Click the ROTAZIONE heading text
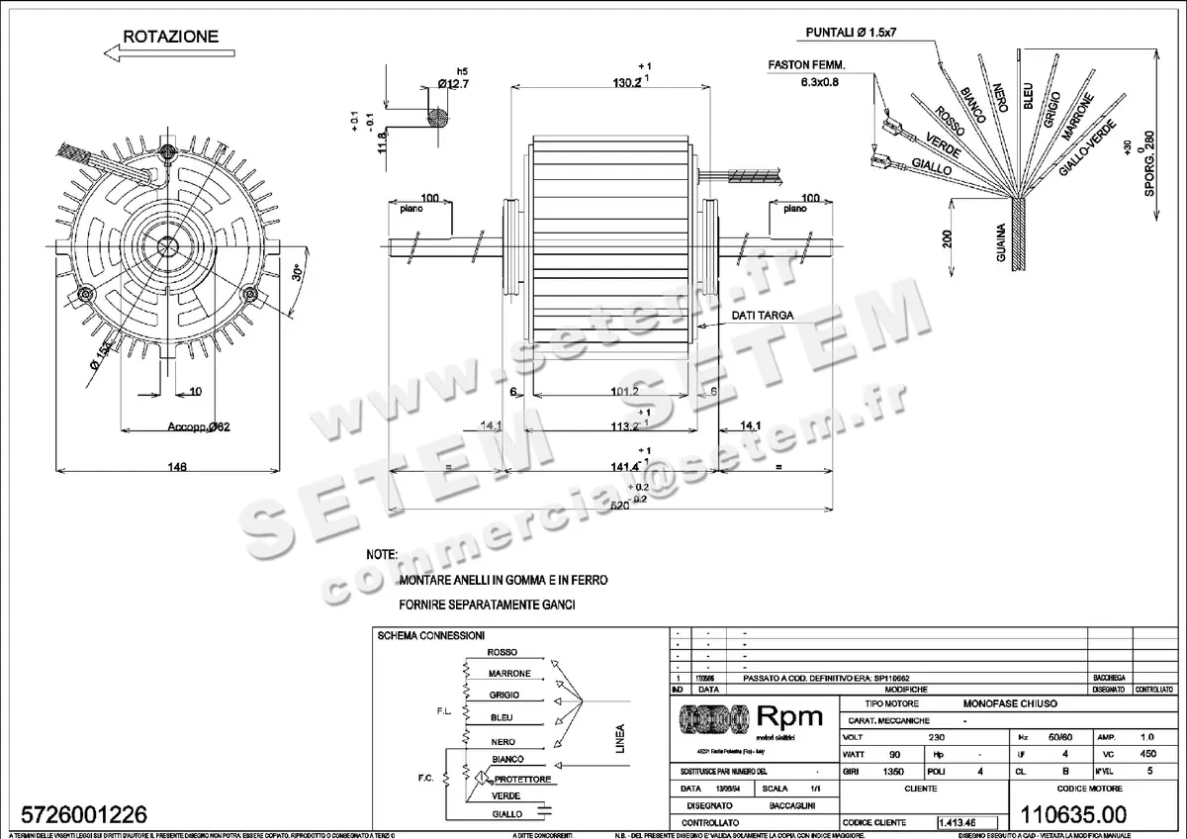coord(170,37)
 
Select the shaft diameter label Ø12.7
coord(453,84)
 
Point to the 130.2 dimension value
coord(625,84)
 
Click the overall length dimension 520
coord(620,506)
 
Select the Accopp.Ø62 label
coord(198,427)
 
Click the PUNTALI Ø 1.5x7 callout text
coord(850,33)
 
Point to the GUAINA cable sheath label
coord(1002,242)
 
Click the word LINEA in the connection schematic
coord(620,739)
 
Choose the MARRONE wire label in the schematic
coord(509,674)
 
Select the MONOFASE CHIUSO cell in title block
coord(1010,702)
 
